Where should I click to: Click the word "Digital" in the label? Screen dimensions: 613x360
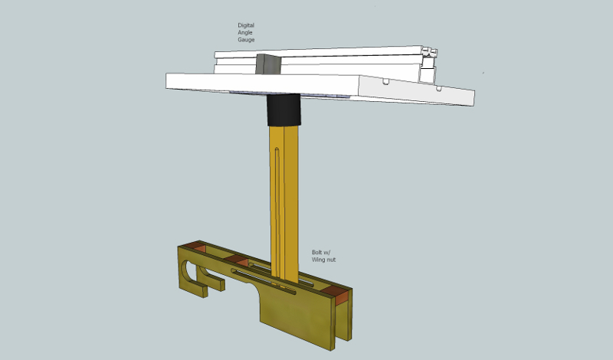pyautogui.click(x=245, y=25)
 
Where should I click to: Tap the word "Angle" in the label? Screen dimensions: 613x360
pyautogui.click(x=245, y=32)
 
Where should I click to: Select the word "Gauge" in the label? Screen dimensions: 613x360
pyautogui.click(x=246, y=40)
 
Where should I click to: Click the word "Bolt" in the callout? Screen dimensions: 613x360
pyautogui.click(x=317, y=252)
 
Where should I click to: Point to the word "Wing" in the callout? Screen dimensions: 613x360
pyautogui.click(x=318, y=260)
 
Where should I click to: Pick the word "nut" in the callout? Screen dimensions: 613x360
pyautogui.click(x=331, y=260)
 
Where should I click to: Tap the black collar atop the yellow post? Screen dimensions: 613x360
pyautogui.click(x=284, y=110)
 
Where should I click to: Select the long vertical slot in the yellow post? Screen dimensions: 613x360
pyautogui.click(x=277, y=211)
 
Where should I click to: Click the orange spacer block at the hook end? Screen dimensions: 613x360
pyautogui.click(x=195, y=247)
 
